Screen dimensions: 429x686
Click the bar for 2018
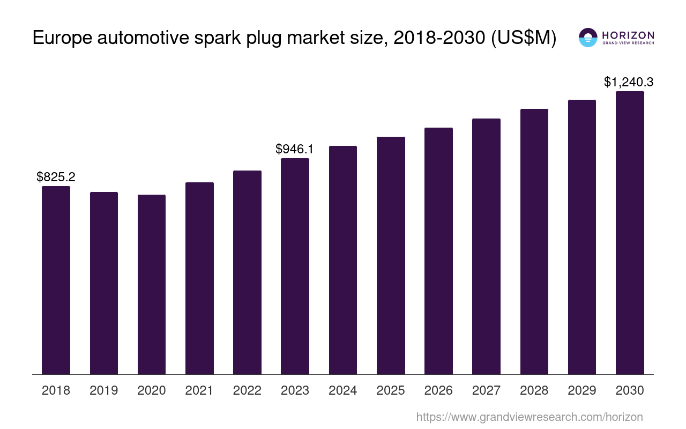coord(56,280)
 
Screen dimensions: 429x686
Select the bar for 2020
coord(152,284)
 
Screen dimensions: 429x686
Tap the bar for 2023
coord(295,266)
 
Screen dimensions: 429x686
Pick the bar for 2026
coord(438,251)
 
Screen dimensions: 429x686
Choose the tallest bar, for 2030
coord(630,233)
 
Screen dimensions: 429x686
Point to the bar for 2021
coord(199,278)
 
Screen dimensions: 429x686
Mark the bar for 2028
coord(534,241)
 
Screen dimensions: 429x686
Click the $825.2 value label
coord(56,177)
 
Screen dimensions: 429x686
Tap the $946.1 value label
coord(295,149)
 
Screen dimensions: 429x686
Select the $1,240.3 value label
coord(629,82)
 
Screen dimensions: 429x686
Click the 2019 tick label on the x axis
coord(104,390)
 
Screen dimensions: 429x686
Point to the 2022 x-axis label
coord(247,390)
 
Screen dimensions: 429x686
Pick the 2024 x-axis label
coord(343,390)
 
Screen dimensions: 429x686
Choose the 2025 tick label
coord(391,390)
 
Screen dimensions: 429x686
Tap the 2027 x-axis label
coord(486,390)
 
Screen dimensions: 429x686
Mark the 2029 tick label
coord(582,390)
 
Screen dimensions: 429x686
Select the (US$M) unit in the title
coord(524,38)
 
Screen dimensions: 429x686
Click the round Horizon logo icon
coord(588,38)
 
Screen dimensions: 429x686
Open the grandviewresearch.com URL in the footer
coord(530,417)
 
